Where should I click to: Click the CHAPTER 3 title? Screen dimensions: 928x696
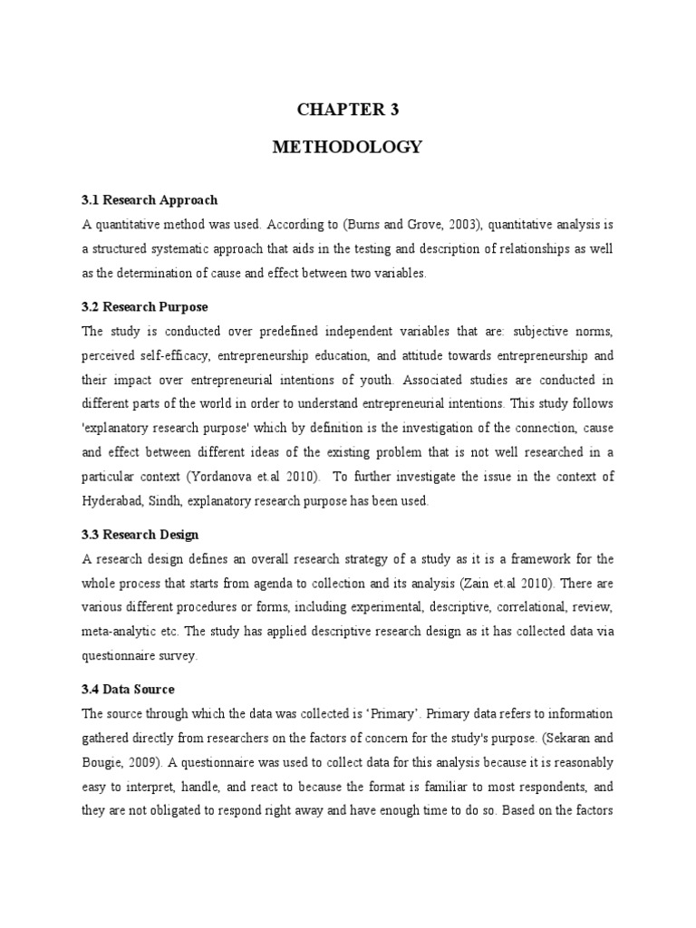pos(348,110)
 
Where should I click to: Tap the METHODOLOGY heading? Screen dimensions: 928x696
pos(348,148)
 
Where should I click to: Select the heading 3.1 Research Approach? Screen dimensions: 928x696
pos(150,199)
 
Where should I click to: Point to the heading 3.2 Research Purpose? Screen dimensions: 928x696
pos(145,307)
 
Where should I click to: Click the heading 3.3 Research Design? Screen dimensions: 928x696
pos(140,535)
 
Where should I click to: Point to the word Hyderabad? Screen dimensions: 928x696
pos(113,499)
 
